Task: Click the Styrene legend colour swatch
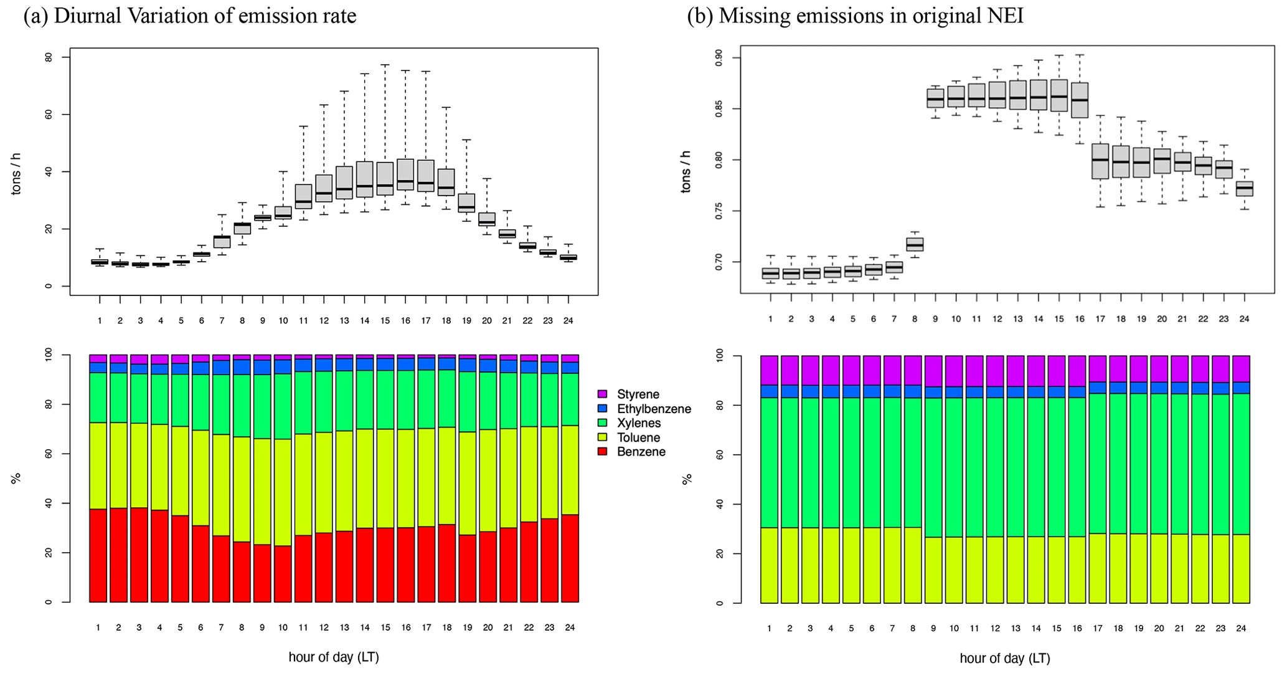point(602,394)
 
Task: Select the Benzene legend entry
point(641,452)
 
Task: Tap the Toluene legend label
point(638,437)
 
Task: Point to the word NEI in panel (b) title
point(1009,16)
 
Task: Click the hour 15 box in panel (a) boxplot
point(385,179)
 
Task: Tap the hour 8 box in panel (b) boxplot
point(915,244)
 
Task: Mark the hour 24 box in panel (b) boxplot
point(1244,189)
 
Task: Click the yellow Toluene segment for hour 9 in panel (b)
point(934,570)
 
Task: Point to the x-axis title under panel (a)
point(334,657)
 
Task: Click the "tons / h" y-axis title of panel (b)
point(686,171)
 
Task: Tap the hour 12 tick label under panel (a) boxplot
point(324,321)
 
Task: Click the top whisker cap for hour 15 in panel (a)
point(385,65)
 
